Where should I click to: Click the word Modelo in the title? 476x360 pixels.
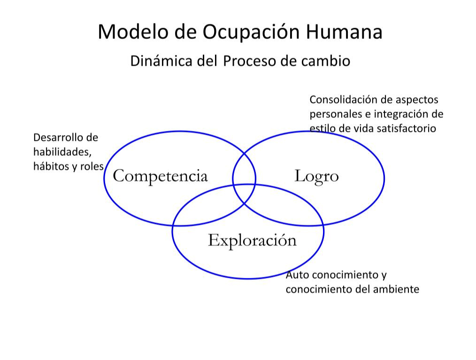132,31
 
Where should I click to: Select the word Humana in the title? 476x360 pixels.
344,31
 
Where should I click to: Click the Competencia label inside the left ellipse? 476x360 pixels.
160,176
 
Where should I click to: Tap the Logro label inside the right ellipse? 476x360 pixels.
316,176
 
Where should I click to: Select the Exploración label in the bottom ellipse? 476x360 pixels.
252,241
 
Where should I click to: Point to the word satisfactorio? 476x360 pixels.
406,129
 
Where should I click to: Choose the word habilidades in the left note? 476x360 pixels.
62,152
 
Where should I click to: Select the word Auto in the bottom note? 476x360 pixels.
298,275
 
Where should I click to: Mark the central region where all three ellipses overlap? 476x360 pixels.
245,193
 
